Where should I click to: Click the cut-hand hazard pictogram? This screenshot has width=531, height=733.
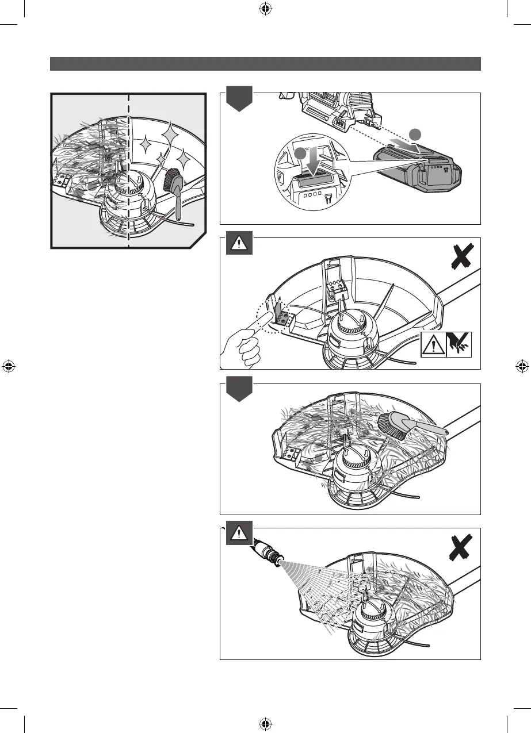(x=459, y=345)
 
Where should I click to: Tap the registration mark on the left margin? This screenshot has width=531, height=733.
(x=8, y=366)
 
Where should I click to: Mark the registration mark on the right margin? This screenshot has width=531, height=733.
(x=522, y=366)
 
